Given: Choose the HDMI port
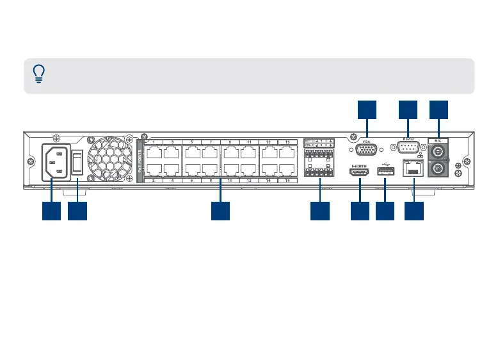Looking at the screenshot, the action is pyautogui.click(x=359, y=173).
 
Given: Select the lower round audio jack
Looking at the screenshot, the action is pyautogui.click(x=438, y=170).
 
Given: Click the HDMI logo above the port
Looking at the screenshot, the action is pyautogui.click(x=359, y=165).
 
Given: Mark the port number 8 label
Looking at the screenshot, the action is pyautogui.click(x=211, y=183).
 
